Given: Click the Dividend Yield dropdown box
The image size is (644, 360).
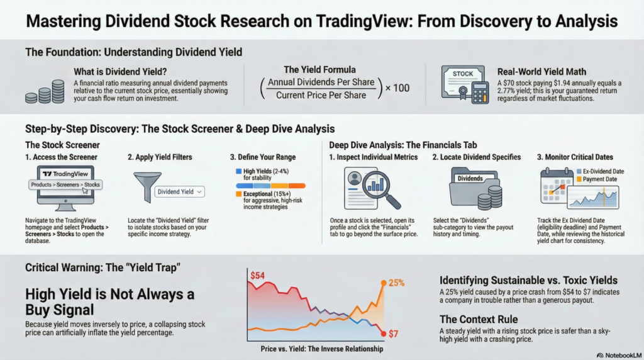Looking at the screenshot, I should (x=180, y=191).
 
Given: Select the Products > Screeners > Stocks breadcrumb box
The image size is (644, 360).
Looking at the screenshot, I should (x=65, y=185).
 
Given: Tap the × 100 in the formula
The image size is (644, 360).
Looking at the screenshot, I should (x=397, y=87).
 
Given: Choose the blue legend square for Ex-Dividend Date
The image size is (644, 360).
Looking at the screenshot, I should (x=580, y=171).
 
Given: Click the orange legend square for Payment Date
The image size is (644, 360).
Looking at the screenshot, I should (x=580, y=179).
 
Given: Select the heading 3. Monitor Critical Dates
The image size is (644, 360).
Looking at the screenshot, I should (x=574, y=157).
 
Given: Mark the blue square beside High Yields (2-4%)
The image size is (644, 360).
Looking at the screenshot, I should (x=238, y=171).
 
